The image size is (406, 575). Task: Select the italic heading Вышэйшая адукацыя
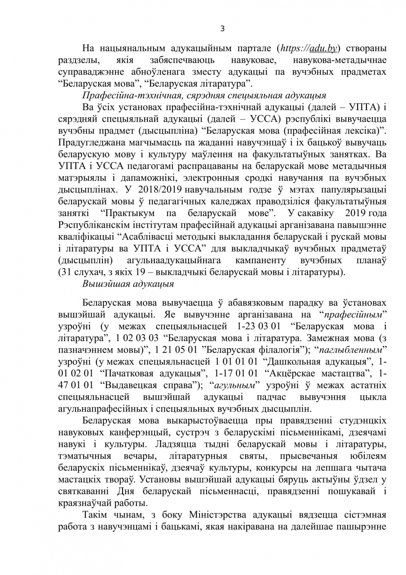[128, 283]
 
